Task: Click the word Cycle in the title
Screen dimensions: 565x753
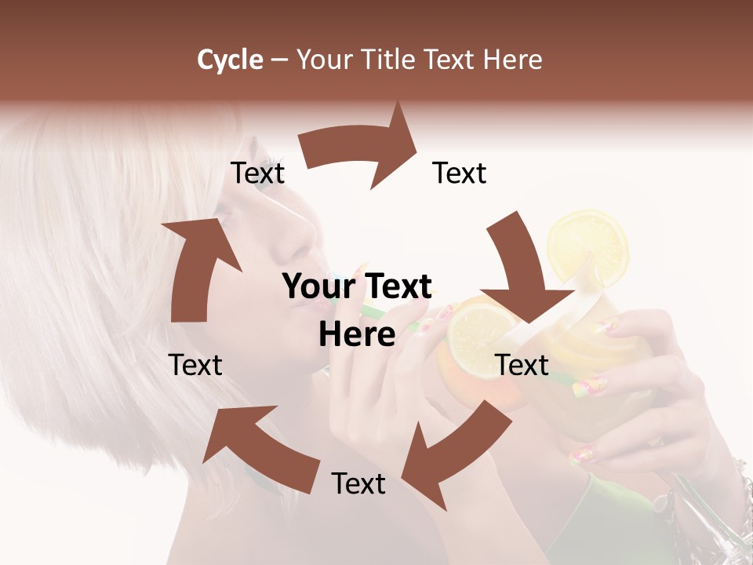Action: tap(230, 60)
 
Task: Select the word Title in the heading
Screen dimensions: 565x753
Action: tap(388, 60)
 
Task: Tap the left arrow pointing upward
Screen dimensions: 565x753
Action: tap(196, 267)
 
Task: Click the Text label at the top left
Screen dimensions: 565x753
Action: tap(257, 173)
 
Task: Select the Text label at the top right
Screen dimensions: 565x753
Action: tap(460, 173)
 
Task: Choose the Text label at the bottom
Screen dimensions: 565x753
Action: tap(358, 484)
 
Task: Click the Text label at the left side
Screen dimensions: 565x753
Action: tap(196, 365)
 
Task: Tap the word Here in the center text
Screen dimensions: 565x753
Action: tap(357, 335)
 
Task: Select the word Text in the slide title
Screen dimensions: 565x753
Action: tap(452, 60)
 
